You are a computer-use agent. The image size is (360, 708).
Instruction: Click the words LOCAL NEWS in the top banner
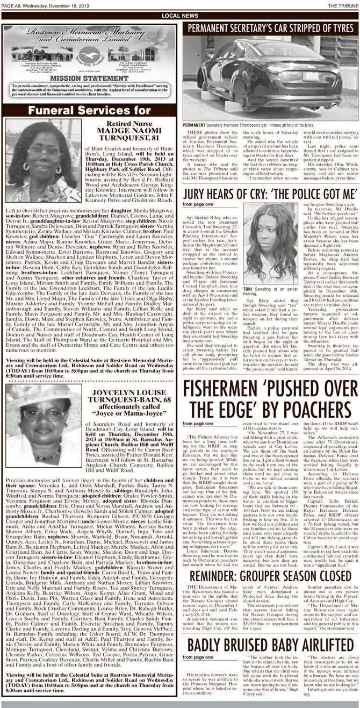pyautogui.click(x=179, y=17)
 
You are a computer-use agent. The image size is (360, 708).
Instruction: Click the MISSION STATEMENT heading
pyautogui.click(x=90, y=77)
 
